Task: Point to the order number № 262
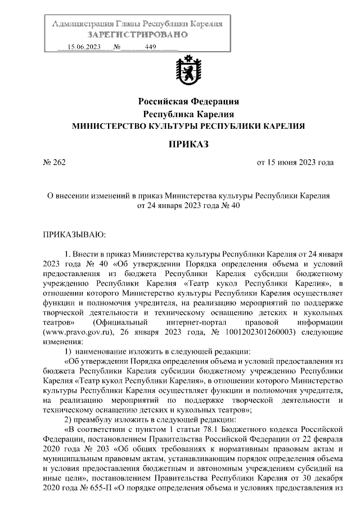coord(55,163)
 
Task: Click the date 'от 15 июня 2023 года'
coord(295,163)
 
